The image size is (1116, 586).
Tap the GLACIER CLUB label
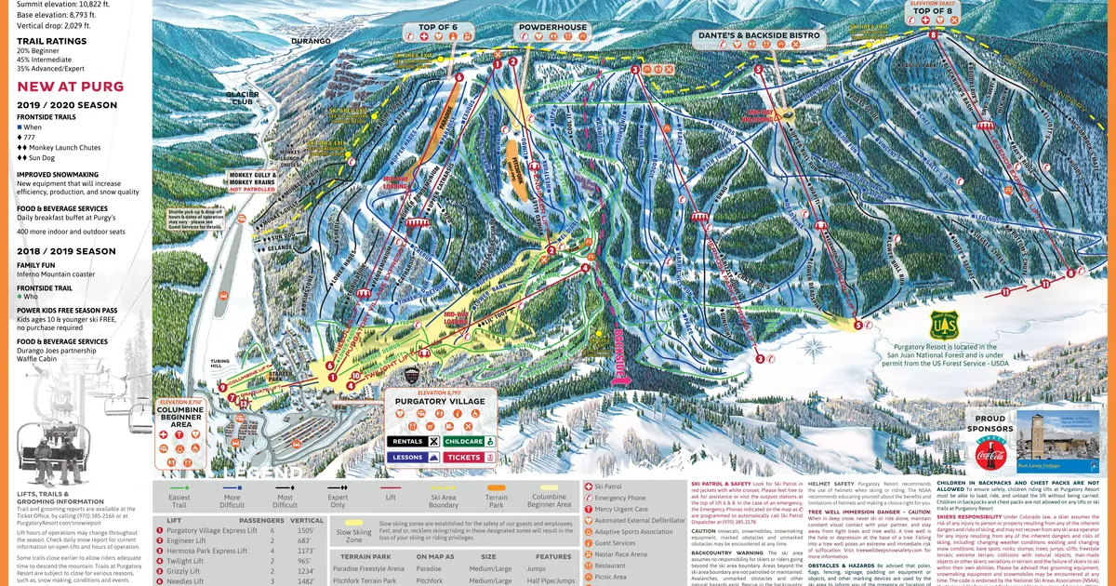(243, 98)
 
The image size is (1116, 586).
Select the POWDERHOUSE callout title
(552, 28)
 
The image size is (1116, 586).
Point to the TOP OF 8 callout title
(933, 11)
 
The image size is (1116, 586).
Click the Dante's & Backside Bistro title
(759, 36)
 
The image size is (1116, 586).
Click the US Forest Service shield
(943, 325)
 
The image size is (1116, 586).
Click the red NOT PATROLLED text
(246, 189)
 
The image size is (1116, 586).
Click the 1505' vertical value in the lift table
(307, 530)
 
